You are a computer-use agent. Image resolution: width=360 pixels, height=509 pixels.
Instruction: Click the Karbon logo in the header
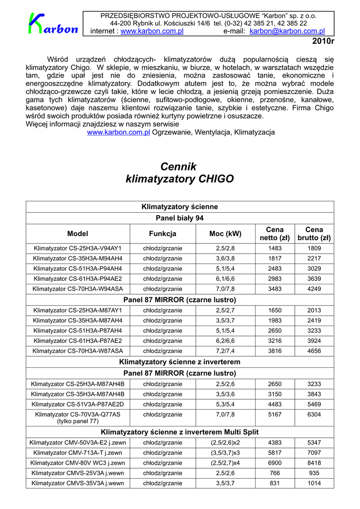click(x=53, y=24)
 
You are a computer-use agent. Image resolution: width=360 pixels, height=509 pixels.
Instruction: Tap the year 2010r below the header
click(x=323, y=41)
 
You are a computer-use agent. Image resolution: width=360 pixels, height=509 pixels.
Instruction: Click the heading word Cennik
click(x=179, y=167)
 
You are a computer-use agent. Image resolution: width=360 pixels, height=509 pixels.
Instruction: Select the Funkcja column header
click(x=163, y=234)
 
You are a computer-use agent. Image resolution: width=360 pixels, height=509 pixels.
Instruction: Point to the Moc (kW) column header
click(x=225, y=234)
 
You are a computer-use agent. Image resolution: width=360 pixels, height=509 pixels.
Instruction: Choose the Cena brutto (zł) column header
click(x=314, y=234)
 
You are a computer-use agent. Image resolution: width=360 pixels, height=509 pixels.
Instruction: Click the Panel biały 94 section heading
click(x=180, y=218)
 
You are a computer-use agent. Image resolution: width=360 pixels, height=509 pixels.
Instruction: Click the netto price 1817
click(x=274, y=258)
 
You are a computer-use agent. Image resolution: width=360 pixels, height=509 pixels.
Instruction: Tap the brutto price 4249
click(x=314, y=289)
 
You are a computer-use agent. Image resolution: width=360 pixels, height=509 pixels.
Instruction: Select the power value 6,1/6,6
click(x=225, y=279)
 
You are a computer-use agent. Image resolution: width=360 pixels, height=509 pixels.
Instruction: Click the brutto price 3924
click(x=314, y=341)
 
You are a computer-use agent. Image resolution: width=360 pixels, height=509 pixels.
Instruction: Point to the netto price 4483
click(x=274, y=404)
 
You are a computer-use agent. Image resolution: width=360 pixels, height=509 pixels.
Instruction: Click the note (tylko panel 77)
click(x=78, y=422)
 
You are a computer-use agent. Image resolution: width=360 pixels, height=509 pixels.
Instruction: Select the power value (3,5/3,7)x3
click(x=225, y=453)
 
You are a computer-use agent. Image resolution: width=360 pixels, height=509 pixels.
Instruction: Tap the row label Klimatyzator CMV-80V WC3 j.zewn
click(x=78, y=463)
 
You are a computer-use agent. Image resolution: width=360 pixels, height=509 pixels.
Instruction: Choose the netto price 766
click(x=274, y=473)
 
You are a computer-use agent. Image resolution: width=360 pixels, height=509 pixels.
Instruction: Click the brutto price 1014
click(x=314, y=483)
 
